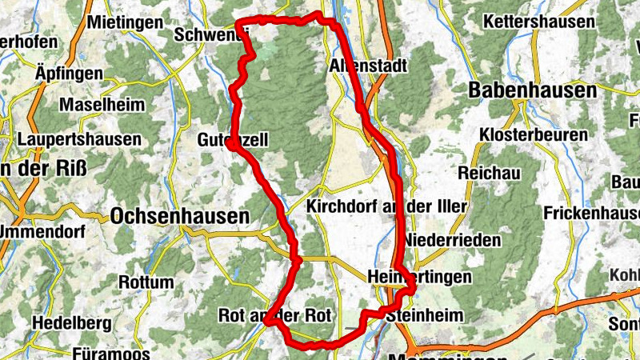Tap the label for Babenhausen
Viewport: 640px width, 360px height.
click(x=533, y=90)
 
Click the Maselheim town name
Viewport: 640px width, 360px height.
click(x=102, y=105)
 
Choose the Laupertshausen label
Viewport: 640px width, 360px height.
click(x=78, y=139)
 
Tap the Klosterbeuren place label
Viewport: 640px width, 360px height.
click(x=534, y=134)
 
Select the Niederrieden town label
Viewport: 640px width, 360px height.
click(x=453, y=240)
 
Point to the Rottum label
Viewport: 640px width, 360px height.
click(x=146, y=282)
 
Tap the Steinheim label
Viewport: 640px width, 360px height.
click(x=424, y=316)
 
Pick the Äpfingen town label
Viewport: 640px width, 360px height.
click(x=70, y=74)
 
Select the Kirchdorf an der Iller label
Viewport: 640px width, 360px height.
click(x=386, y=206)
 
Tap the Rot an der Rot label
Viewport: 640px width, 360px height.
click(x=274, y=316)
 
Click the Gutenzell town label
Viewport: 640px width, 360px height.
click(x=232, y=140)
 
